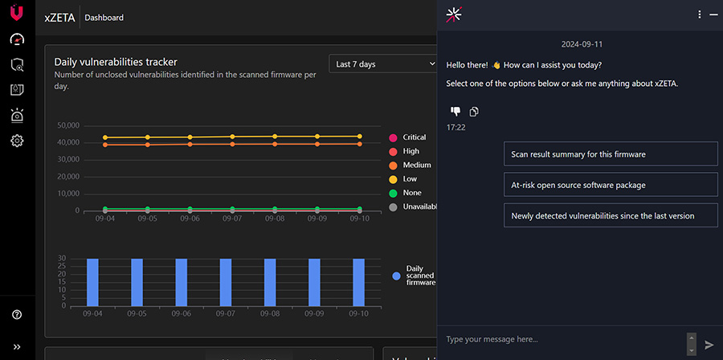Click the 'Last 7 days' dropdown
click(x=382, y=63)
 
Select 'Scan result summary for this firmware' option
click(x=611, y=154)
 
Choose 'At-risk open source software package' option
click(x=611, y=185)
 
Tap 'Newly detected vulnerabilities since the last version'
click(x=611, y=215)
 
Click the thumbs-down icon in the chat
click(x=455, y=112)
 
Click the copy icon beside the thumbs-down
click(x=474, y=112)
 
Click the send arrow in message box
click(x=709, y=344)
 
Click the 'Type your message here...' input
click(x=562, y=339)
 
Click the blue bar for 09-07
click(x=226, y=282)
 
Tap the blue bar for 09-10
click(x=358, y=282)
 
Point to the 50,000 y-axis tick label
click(x=68, y=125)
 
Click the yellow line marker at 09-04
click(x=104, y=137)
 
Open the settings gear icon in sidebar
click(x=17, y=141)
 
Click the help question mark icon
click(x=17, y=315)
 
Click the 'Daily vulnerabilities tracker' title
click(x=116, y=62)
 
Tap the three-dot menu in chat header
click(x=700, y=14)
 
